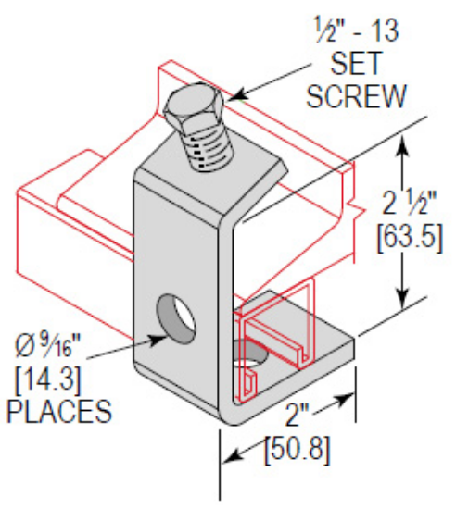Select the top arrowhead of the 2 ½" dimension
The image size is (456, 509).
click(x=400, y=140)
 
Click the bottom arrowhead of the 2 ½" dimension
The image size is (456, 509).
click(x=400, y=304)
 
